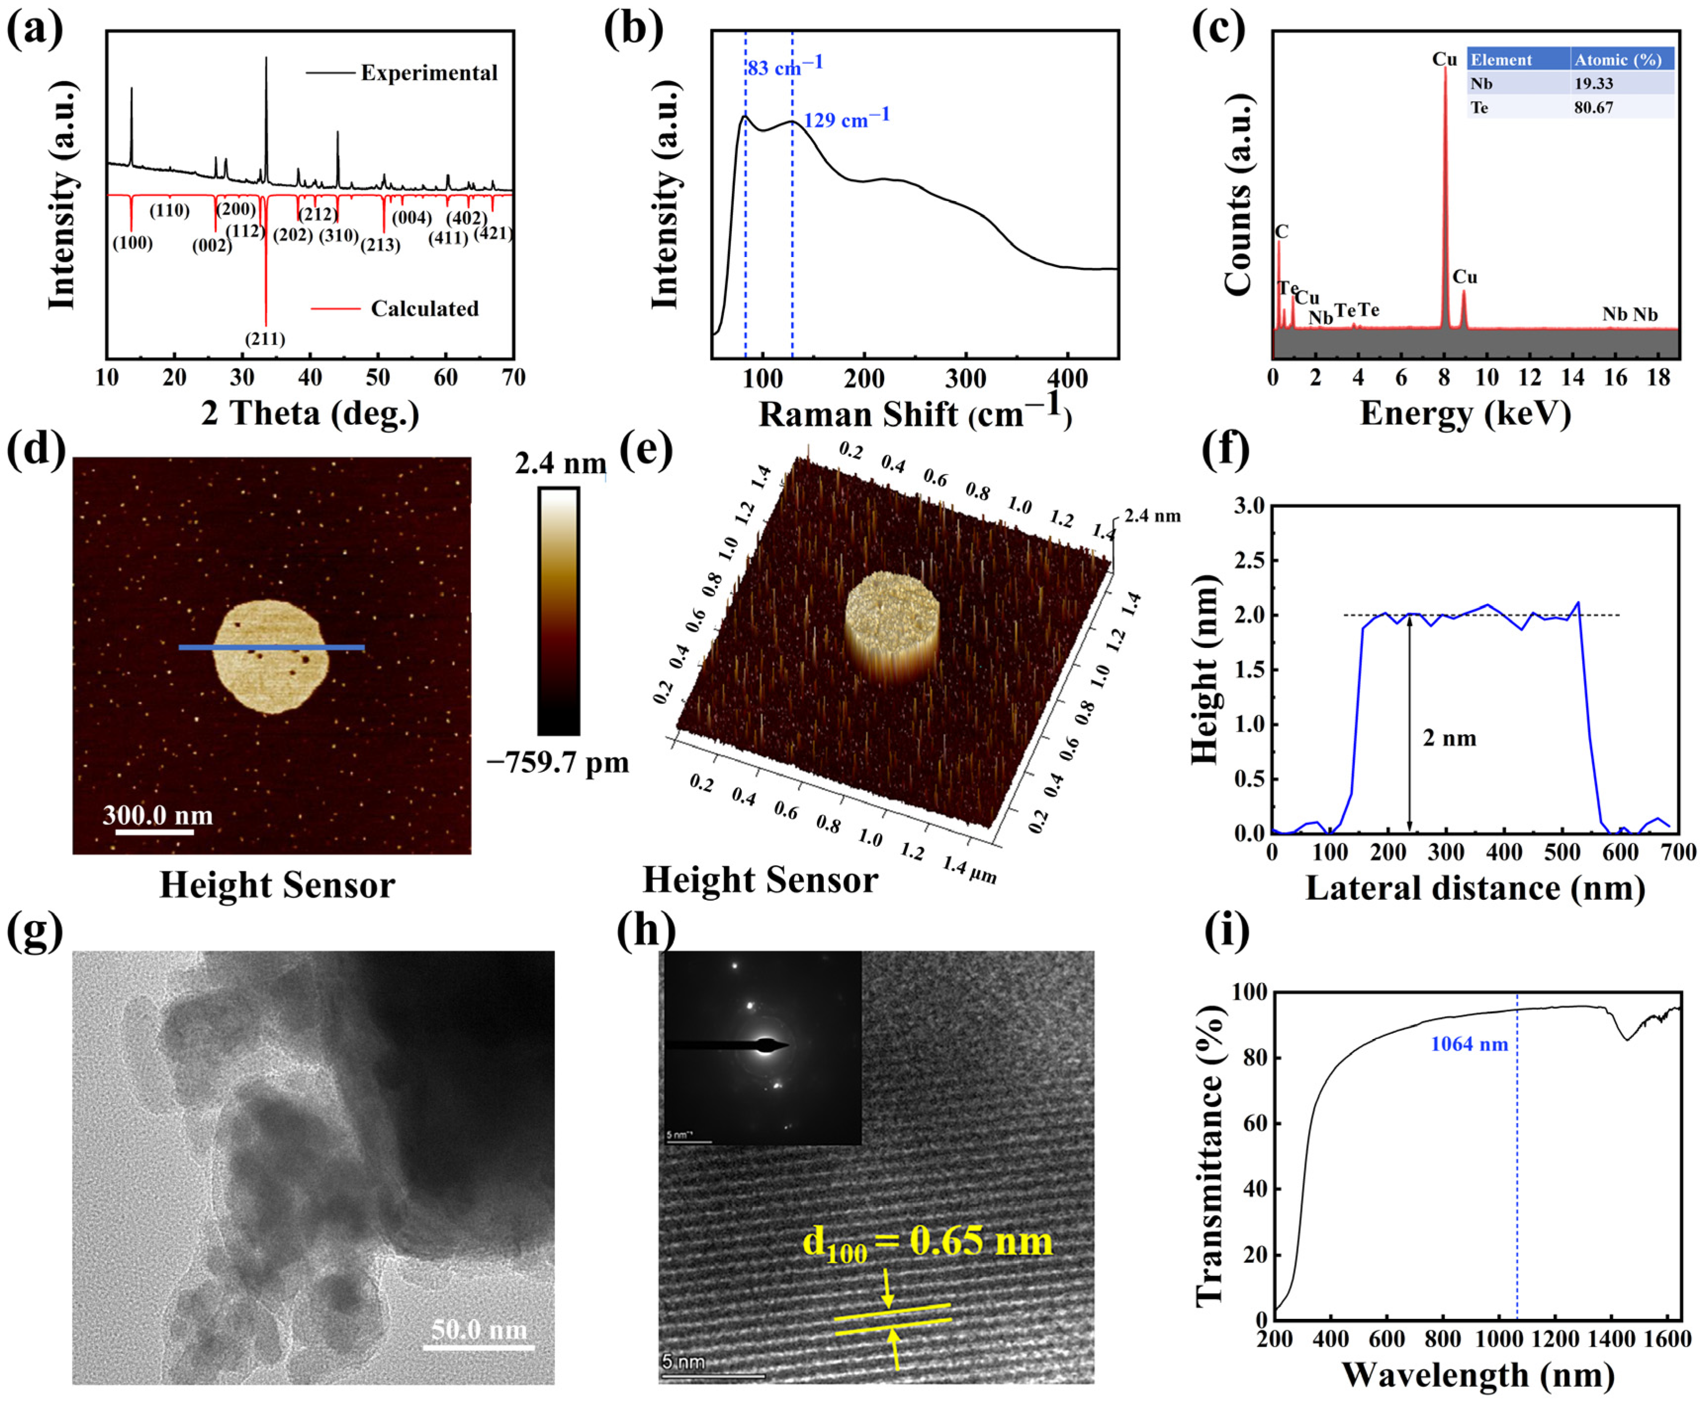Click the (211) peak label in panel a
[265, 339]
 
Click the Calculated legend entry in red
[424, 308]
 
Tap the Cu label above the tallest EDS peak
[1444, 59]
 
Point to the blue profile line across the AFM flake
[271, 647]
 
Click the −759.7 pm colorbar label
[557, 762]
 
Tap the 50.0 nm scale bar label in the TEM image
[478, 1329]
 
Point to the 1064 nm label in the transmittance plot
[1469, 1044]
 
